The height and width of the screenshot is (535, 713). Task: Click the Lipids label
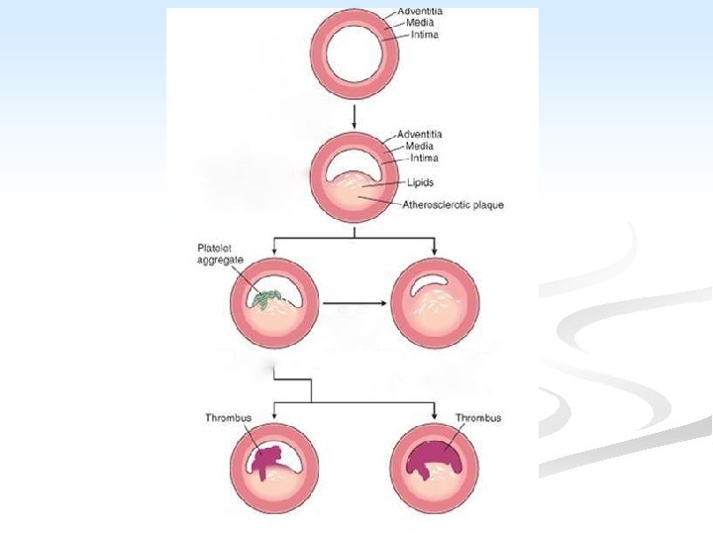click(x=420, y=182)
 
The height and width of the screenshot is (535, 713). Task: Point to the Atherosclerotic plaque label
click(x=454, y=205)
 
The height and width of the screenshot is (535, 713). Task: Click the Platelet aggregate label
click(x=220, y=253)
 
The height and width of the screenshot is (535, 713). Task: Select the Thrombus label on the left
click(x=226, y=418)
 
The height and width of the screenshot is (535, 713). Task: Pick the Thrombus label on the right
click(x=478, y=418)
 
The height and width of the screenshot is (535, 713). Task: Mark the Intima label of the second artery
click(x=423, y=158)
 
